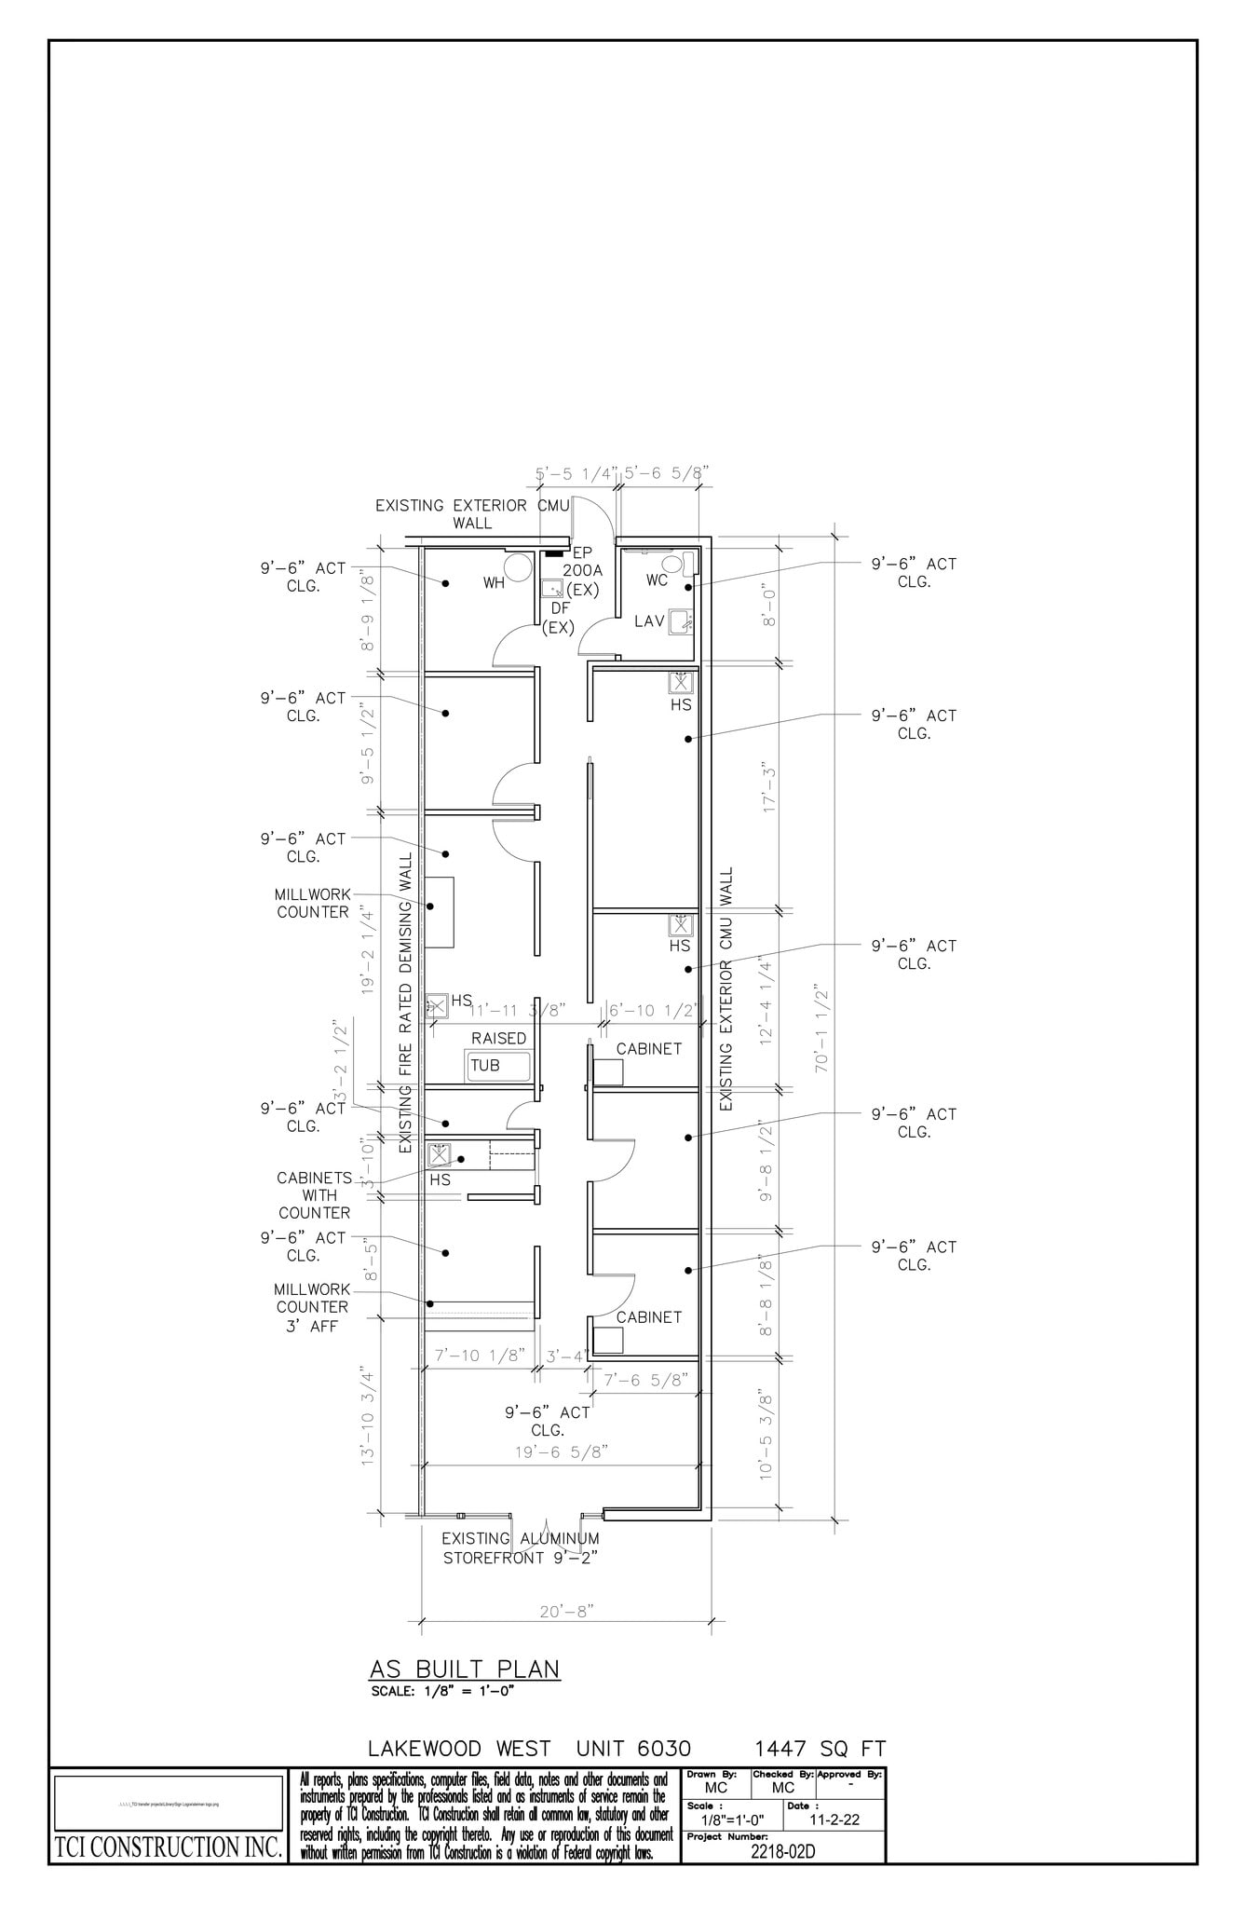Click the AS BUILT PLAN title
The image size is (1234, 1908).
click(x=465, y=1668)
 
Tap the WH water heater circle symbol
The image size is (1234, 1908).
click(x=518, y=568)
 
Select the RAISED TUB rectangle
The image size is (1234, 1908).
click(x=498, y=1065)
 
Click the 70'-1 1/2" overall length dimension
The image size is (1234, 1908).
click(x=822, y=1028)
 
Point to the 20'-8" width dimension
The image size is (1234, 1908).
click(x=566, y=1611)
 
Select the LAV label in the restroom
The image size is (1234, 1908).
click(x=649, y=620)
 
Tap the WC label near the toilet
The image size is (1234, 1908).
click(x=657, y=580)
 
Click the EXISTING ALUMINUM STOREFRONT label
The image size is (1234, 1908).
click(x=520, y=1547)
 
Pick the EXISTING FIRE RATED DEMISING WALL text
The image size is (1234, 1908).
click(x=405, y=1002)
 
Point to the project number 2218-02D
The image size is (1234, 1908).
click(x=782, y=1851)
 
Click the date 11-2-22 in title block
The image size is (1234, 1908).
click(x=834, y=1819)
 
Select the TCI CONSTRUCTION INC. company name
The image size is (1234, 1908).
click(x=168, y=1847)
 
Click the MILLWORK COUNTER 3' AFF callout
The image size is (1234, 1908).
click(x=312, y=1307)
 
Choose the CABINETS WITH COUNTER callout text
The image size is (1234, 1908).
click(x=314, y=1195)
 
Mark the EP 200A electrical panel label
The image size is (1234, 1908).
click(x=582, y=562)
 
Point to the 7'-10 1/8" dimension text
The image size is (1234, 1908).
click(x=480, y=1355)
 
